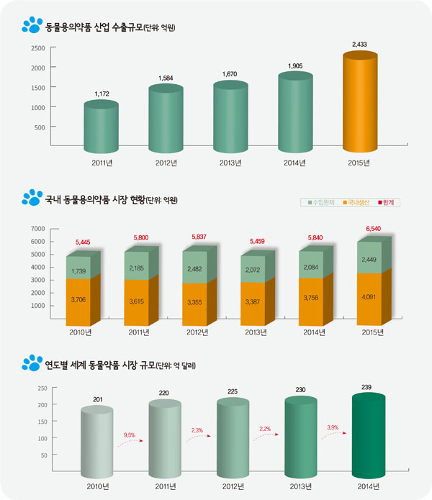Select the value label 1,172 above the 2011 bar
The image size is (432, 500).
point(102,94)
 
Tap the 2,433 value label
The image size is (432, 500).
point(358,45)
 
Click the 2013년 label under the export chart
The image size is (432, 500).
point(230,162)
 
